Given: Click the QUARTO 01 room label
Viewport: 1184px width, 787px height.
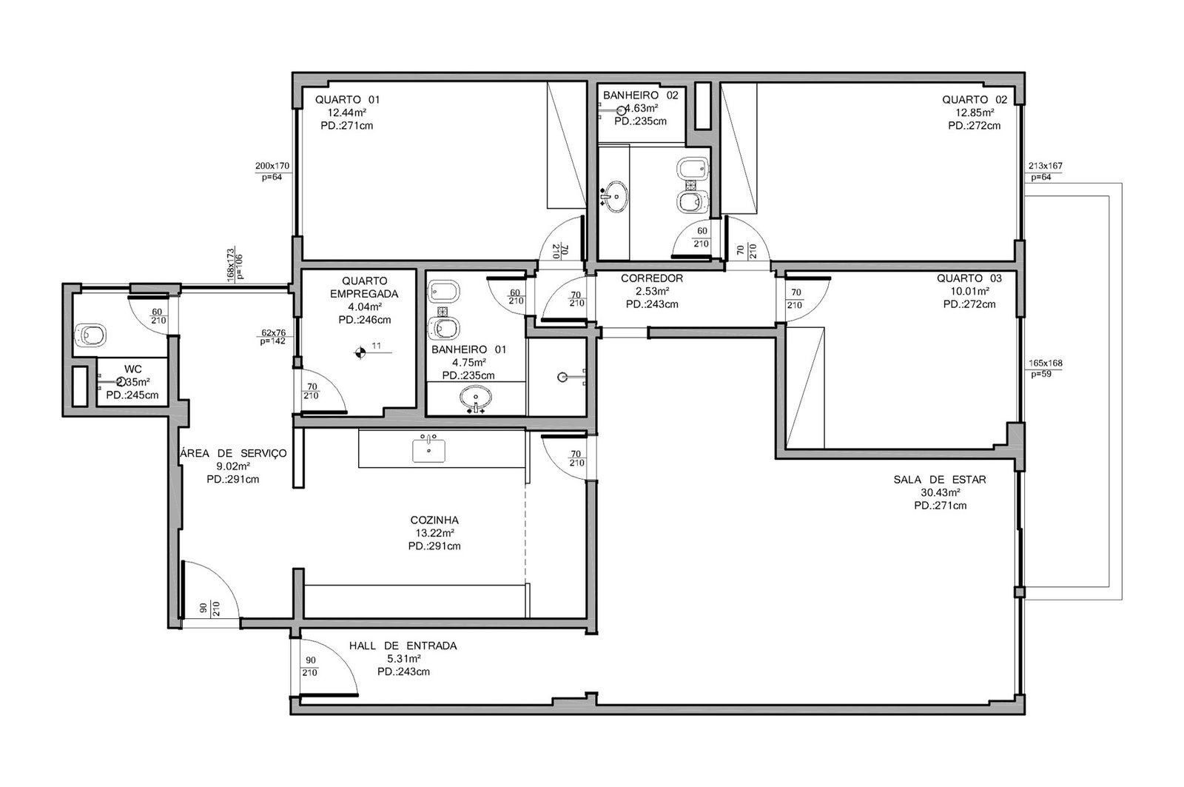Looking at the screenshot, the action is (x=347, y=99).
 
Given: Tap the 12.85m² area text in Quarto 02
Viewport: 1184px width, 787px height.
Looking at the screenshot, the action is (x=974, y=113).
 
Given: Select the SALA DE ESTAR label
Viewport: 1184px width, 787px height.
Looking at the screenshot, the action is (x=940, y=480).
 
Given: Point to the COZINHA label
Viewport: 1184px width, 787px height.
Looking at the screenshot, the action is (x=434, y=520).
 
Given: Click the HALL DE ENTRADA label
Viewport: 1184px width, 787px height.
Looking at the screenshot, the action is (x=403, y=646).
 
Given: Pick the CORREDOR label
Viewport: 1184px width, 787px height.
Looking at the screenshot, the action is (x=652, y=278).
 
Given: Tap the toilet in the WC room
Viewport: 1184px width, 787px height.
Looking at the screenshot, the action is (x=90, y=335).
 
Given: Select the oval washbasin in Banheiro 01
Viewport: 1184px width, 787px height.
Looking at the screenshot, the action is (x=475, y=398).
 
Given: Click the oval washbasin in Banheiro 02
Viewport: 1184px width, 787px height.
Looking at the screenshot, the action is (x=616, y=196).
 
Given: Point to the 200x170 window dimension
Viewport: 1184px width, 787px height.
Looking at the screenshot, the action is (x=272, y=166).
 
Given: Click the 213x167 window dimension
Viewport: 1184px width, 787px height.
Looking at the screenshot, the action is (x=1045, y=166).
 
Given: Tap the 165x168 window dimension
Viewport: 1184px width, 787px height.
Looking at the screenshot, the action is (x=1045, y=364).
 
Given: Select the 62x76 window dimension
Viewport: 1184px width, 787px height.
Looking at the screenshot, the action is (x=273, y=332).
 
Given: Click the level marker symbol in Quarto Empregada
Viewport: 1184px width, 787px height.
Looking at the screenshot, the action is (x=360, y=352).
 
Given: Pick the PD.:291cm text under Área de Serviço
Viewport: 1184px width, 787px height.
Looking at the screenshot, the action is (x=232, y=480).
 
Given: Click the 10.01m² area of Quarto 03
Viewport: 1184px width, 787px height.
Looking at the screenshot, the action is (x=969, y=292).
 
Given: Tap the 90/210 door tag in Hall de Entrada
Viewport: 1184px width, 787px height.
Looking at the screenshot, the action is (x=310, y=666).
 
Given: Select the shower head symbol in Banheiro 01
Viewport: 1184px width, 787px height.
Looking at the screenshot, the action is (x=563, y=377).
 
